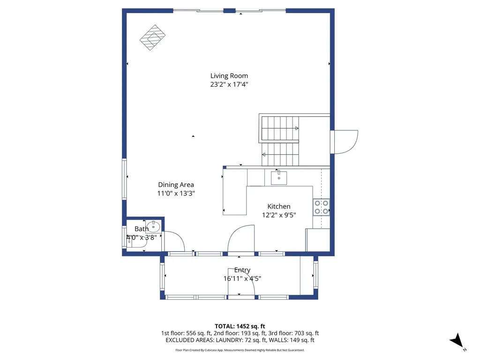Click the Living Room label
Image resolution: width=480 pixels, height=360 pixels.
point(229,75)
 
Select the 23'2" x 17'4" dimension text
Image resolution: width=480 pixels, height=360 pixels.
point(229,84)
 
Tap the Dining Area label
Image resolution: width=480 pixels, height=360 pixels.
point(176,185)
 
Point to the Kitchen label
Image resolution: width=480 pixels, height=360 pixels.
point(279,206)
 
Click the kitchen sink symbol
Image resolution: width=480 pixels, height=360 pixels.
point(279,178)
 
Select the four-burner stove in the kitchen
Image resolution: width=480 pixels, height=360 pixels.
point(321,207)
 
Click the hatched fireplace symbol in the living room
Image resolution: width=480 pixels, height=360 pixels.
point(153,37)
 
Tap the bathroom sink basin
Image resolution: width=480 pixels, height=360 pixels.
point(153,227)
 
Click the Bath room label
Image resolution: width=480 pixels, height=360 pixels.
point(142,229)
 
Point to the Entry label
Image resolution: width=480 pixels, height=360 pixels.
point(242,270)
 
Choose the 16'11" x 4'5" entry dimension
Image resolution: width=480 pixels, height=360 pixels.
point(242,278)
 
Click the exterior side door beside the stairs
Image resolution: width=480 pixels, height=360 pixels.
point(345,142)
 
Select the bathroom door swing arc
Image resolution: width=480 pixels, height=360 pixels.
point(174,241)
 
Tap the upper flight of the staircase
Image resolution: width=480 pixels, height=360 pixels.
point(280,128)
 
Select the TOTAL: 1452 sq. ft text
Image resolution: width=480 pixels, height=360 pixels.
point(240,326)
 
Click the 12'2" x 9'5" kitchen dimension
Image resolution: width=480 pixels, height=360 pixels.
point(279,215)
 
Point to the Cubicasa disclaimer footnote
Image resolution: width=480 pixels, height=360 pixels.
point(240,350)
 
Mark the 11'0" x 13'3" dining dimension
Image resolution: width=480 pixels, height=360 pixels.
point(176,193)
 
